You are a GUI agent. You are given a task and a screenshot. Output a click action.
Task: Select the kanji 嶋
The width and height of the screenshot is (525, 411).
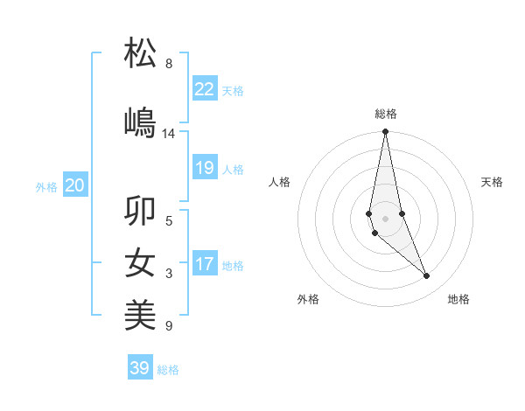pyautogui.click(x=140, y=122)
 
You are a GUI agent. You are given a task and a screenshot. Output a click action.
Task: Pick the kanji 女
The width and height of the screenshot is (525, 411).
pyautogui.click(x=140, y=263)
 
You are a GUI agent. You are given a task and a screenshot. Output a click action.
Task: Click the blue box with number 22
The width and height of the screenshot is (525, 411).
pyautogui.click(x=204, y=88)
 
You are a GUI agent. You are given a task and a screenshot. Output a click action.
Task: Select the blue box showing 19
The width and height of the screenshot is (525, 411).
pyautogui.click(x=204, y=168)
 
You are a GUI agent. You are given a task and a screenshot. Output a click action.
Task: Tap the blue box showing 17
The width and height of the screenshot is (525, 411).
pyautogui.click(x=204, y=264)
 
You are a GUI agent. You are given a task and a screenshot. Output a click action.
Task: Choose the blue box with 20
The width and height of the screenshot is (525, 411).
pyautogui.click(x=74, y=185)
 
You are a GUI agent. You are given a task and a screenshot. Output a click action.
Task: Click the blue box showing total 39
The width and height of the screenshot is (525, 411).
pyautogui.click(x=139, y=368)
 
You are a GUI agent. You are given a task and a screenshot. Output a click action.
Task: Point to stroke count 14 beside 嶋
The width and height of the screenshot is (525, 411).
pyautogui.click(x=169, y=134)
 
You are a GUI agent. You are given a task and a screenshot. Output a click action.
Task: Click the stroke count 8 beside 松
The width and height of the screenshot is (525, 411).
pyautogui.click(x=169, y=64)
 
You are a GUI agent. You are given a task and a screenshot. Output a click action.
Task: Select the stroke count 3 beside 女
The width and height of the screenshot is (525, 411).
pyautogui.click(x=169, y=275)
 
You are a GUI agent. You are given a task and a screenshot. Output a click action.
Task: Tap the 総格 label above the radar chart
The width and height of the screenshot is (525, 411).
pyautogui.click(x=386, y=114)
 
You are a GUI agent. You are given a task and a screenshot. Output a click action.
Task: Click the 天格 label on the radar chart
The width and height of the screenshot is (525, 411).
pyautogui.click(x=493, y=182)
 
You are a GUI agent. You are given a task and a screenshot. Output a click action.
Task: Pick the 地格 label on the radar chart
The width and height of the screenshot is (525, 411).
pyautogui.click(x=458, y=299)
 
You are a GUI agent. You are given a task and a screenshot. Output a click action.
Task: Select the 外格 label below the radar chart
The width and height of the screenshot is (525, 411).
pyautogui.click(x=308, y=299)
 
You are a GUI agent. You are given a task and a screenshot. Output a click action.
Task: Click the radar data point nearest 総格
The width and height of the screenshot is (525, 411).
pyautogui.click(x=385, y=132)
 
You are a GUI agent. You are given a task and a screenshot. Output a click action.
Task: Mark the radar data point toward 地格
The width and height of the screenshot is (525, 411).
pyautogui.click(x=427, y=276)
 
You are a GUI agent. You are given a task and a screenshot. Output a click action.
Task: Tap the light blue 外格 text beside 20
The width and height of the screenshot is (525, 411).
pyautogui.click(x=46, y=186)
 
